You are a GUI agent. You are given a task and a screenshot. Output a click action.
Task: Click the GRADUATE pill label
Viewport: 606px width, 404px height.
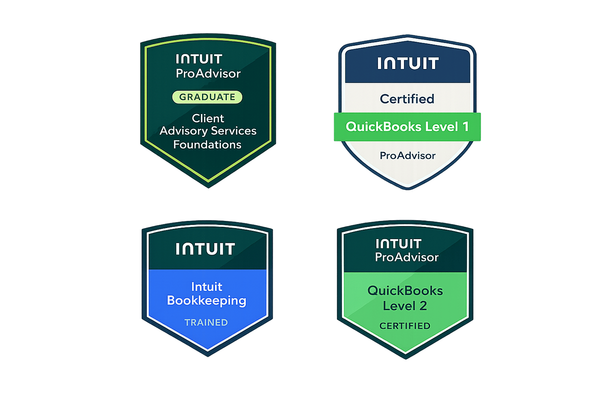pyautogui.click(x=207, y=97)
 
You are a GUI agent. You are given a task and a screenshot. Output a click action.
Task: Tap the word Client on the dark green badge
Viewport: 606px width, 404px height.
pyautogui.click(x=208, y=118)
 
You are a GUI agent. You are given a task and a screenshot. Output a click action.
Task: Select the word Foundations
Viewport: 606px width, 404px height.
pyautogui.click(x=207, y=145)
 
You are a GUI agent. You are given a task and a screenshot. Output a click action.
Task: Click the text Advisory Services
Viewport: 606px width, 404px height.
pyautogui.click(x=208, y=131)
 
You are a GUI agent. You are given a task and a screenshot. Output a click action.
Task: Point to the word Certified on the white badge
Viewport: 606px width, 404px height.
pyautogui.click(x=407, y=99)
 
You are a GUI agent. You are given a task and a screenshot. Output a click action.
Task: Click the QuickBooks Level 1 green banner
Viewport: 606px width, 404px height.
pyautogui.click(x=407, y=127)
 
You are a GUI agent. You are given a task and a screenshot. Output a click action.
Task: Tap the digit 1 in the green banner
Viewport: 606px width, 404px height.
pyautogui.click(x=465, y=127)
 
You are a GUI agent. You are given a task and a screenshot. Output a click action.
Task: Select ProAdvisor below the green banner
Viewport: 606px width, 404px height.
pyautogui.click(x=407, y=156)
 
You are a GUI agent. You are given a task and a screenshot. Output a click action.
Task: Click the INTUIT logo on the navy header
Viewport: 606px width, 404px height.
pyautogui.click(x=408, y=64)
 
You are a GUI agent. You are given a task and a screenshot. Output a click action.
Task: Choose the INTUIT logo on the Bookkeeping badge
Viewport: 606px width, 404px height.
pyautogui.click(x=205, y=249)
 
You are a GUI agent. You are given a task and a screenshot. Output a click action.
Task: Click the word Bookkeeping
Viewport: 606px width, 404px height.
pyautogui.click(x=207, y=300)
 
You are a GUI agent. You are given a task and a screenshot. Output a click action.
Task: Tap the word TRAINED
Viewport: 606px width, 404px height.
pyautogui.click(x=206, y=322)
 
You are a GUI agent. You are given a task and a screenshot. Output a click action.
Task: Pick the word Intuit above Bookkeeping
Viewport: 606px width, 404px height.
pyautogui.click(x=207, y=287)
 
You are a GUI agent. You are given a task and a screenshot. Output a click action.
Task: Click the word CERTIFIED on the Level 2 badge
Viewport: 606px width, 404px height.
pyautogui.click(x=405, y=326)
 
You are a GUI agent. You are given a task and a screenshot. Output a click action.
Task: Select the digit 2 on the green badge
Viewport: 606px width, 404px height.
pyautogui.click(x=423, y=306)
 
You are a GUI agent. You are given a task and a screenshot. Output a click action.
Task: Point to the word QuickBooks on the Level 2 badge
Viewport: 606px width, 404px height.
pyautogui.click(x=405, y=290)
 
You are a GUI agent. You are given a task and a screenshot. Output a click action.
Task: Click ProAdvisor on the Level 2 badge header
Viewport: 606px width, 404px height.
pyautogui.click(x=407, y=257)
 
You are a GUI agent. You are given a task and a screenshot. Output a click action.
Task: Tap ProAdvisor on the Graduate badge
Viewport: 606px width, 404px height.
pyautogui.click(x=208, y=74)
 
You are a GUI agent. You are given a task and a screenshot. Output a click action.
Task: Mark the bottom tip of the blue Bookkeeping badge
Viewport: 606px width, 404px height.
pyautogui.click(x=208, y=355)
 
